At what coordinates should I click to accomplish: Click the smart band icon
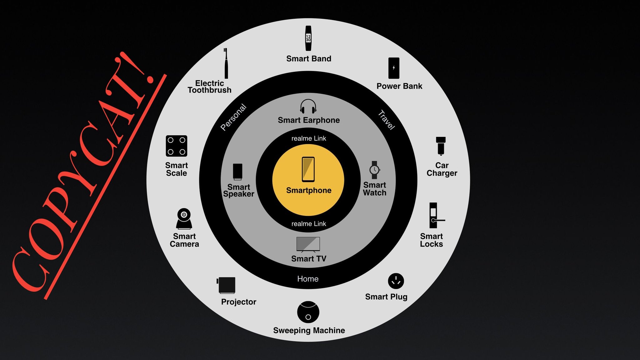[308, 38]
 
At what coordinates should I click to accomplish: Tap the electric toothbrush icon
[226, 63]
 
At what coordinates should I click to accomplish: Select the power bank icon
[394, 68]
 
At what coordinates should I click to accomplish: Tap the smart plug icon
[396, 281]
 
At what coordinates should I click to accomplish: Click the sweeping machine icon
[308, 312]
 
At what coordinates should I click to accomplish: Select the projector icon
[226, 285]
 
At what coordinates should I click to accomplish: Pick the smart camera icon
[184, 219]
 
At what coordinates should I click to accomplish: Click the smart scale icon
[177, 146]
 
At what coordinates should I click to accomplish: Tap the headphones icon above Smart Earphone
[308, 106]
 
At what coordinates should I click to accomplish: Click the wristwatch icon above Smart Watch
[374, 170]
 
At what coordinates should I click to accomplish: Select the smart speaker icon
[237, 172]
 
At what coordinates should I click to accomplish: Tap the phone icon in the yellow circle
[308, 169]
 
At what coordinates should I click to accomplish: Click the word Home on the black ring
[308, 279]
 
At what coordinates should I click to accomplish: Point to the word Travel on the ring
[387, 120]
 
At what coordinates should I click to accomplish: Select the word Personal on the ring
[233, 117]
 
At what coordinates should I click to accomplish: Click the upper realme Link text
[309, 138]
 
